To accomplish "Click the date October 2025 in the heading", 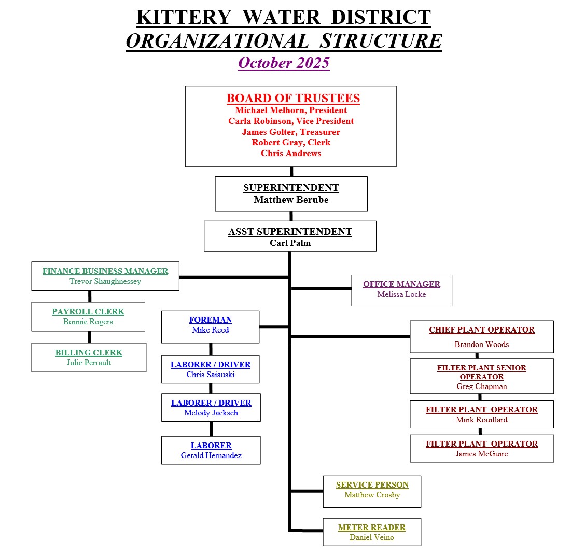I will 284,63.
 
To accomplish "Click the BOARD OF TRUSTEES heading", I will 293,98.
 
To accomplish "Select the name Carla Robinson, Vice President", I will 291,121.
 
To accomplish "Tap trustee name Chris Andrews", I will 291,153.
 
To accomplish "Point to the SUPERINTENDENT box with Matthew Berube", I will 291,193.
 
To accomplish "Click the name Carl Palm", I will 290,243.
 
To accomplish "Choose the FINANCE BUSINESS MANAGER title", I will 105,271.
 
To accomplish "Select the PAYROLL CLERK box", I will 88,316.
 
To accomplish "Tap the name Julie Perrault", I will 89,363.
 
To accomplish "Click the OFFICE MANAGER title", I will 401,284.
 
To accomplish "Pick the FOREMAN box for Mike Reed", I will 210,326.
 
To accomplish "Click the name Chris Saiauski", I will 211,375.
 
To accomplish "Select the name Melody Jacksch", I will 211,413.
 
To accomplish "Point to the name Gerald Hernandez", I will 211,455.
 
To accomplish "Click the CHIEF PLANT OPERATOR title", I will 481,329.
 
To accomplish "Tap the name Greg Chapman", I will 482,386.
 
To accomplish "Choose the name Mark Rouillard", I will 482,420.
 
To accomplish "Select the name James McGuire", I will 482,454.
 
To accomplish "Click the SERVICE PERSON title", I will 372,484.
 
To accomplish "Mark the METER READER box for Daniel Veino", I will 372,532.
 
